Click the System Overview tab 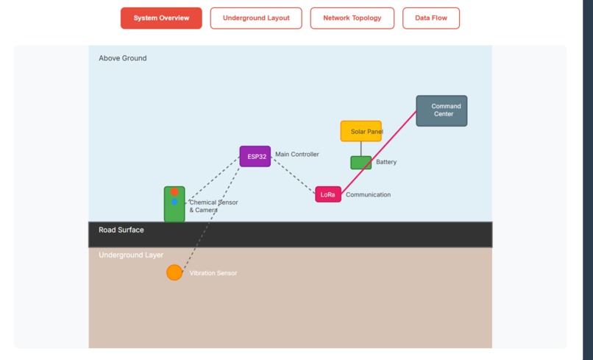click(x=161, y=18)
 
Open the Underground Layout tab click(x=256, y=18)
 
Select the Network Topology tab click(x=352, y=18)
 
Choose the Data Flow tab click(x=430, y=18)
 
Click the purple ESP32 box click(x=255, y=156)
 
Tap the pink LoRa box click(x=328, y=194)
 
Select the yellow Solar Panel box click(x=361, y=131)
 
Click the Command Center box click(x=441, y=110)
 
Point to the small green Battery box click(x=361, y=163)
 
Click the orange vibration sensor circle click(x=174, y=272)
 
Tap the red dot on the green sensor click(x=174, y=192)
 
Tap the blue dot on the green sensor click(x=174, y=202)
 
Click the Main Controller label click(x=297, y=155)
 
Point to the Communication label click(x=368, y=195)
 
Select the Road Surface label click(x=121, y=230)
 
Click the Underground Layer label click(x=131, y=255)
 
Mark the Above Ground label click(x=123, y=58)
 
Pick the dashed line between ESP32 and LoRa click(x=293, y=175)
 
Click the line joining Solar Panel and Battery click(x=361, y=149)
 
